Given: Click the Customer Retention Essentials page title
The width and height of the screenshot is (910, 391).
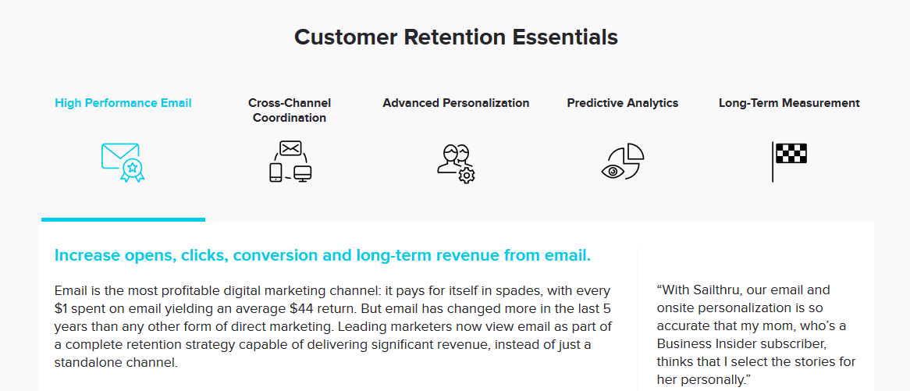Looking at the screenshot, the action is pos(456,37).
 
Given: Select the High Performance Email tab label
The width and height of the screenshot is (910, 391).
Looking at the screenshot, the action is pos(123,103).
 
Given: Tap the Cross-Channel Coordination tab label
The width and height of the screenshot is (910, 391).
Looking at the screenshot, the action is pos(290,110).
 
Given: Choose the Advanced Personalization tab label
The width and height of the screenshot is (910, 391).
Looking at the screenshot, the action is pos(456,103).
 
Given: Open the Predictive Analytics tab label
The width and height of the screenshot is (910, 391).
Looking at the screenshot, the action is pos(623,103).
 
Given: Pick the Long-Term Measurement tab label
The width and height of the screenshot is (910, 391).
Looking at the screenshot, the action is pos(789,103).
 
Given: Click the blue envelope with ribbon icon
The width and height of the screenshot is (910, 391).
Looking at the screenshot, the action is pos(123,162).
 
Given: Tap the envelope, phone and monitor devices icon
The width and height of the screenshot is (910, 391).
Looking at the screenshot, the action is pos(290,162).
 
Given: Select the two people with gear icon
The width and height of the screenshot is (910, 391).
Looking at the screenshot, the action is pos(456,164).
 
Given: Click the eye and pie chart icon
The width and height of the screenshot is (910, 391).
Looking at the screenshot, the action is pos(623,162).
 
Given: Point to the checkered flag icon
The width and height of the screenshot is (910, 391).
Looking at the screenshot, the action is pos(789,162).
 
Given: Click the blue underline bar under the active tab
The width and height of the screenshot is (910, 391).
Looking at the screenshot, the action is pos(123,219).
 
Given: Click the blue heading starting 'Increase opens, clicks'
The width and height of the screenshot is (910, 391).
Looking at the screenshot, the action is pos(322,255).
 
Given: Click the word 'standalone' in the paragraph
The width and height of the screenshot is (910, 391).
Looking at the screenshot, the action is pos(85,363).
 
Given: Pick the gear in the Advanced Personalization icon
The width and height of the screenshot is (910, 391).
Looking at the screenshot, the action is pos(467,175).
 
